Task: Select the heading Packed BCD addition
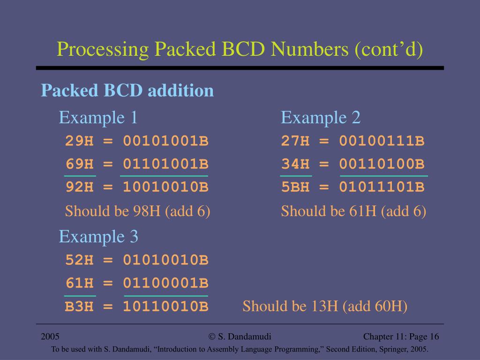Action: [x=127, y=90]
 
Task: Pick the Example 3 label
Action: [x=98, y=236]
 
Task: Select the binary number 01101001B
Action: [x=165, y=164]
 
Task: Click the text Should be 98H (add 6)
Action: [x=137, y=211]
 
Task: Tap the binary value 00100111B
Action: [x=382, y=141]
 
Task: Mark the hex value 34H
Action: [x=295, y=164]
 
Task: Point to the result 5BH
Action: [x=295, y=187]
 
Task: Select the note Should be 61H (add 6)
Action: [x=353, y=211]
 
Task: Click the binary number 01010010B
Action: [x=165, y=260]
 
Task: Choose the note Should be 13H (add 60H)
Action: [x=325, y=307]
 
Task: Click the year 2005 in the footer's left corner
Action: [x=50, y=337]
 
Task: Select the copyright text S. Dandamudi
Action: [x=240, y=337]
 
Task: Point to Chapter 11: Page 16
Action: [x=401, y=337]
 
